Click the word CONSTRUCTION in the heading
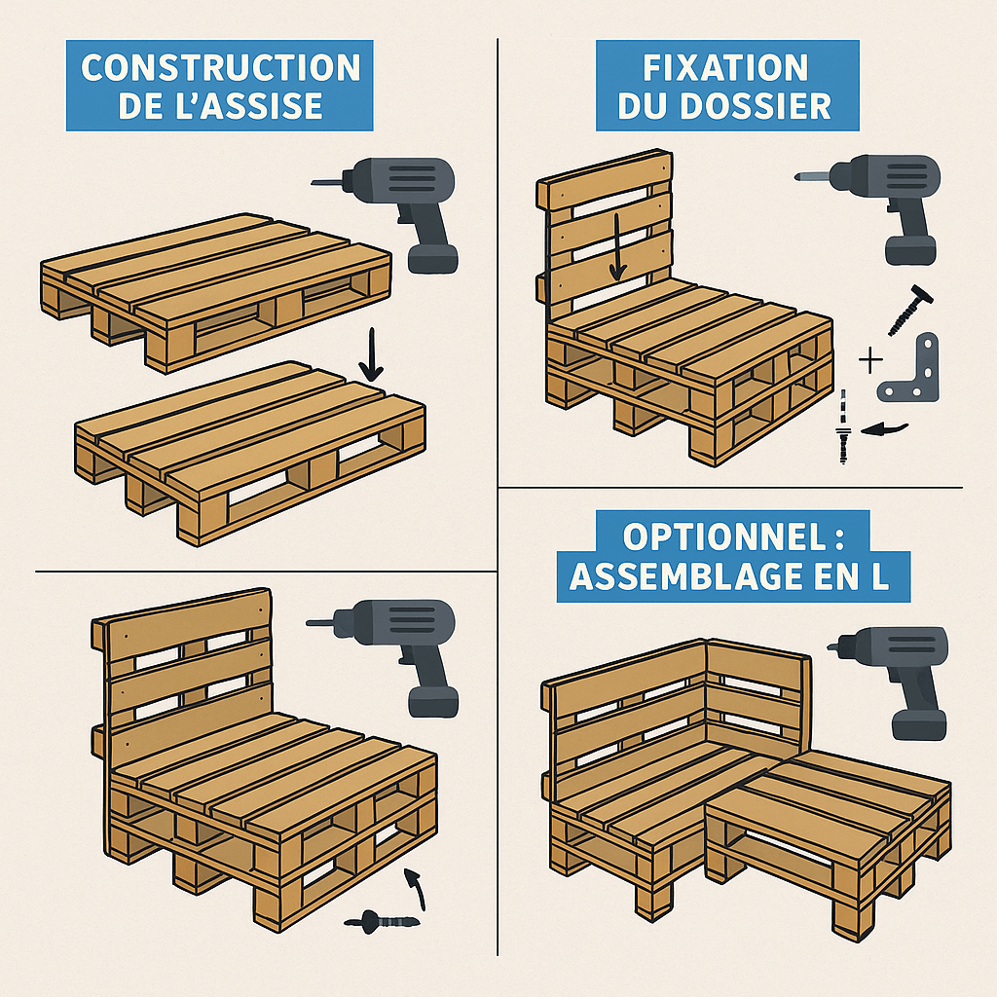[x=220, y=68]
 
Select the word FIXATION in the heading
[x=726, y=68]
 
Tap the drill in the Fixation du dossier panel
[x=882, y=200]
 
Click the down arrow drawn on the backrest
[x=615, y=248]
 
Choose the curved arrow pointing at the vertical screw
[x=888, y=427]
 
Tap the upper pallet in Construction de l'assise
[x=214, y=287]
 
